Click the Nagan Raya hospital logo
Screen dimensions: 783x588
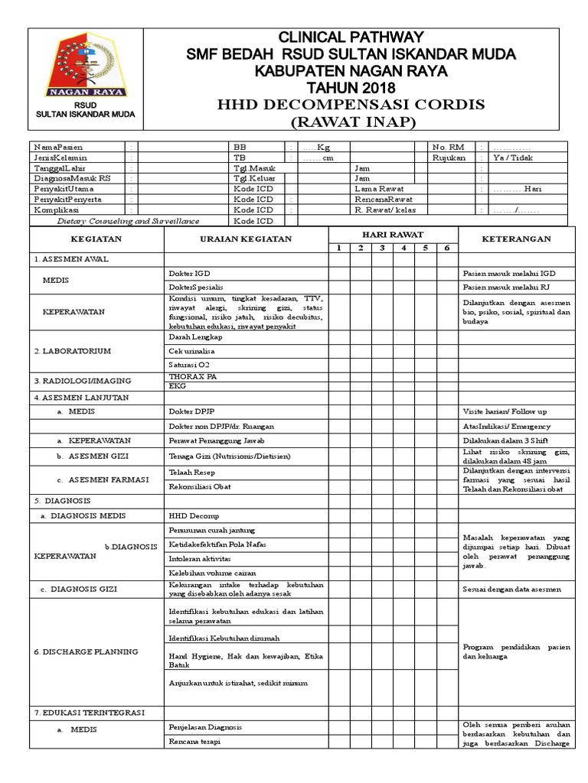(85, 68)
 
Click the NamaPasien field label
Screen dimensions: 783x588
(58, 146)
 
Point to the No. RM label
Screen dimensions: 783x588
(448, 146)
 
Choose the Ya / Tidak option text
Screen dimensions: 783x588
(514, 158)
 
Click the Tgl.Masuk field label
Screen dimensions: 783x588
(255, 167)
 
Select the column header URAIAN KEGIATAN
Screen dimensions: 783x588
(247, 239)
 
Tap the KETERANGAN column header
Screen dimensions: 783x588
(515, 239)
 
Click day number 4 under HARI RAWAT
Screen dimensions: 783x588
(403, 248)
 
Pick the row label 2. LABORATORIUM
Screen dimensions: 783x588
(73, 351)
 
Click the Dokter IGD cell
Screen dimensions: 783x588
(189, 273)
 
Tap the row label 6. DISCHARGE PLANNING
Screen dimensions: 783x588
(86, 651)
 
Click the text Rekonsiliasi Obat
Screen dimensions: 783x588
(201, 486)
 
